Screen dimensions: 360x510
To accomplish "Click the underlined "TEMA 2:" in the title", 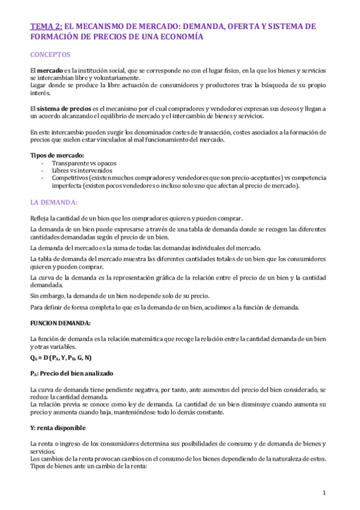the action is click(x=45, y=27).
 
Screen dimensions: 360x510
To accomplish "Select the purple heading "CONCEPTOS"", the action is click(x=50, y=54).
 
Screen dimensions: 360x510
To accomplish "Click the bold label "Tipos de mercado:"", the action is click(x=57, y=155).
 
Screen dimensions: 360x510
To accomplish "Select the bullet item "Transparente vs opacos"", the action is click(x=84, y=163).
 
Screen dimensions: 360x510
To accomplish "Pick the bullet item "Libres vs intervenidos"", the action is click(x=82, y=170).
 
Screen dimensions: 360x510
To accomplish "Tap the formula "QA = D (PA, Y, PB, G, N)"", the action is click(x=60, y=358).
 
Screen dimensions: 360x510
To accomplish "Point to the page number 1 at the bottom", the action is click(x=324, y=493).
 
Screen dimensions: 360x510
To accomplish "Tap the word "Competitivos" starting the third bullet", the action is click(x=69, y=178).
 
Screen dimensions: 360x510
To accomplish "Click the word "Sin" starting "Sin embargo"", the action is click(x=35, y=295).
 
